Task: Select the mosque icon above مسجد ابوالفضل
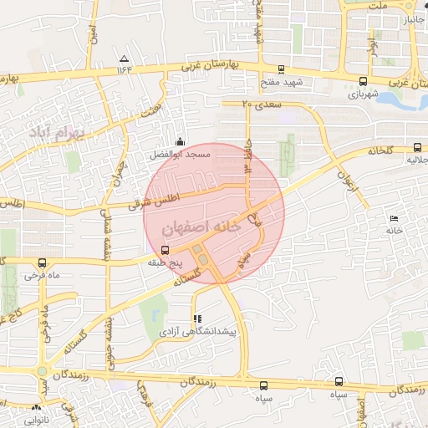pos(181,142)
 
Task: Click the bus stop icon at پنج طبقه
pos(164,250)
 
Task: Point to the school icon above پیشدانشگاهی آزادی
pos(197,318)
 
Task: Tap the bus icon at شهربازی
pos(362,82)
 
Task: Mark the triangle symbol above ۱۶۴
pos(125,59)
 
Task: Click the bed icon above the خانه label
pos(394,218)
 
